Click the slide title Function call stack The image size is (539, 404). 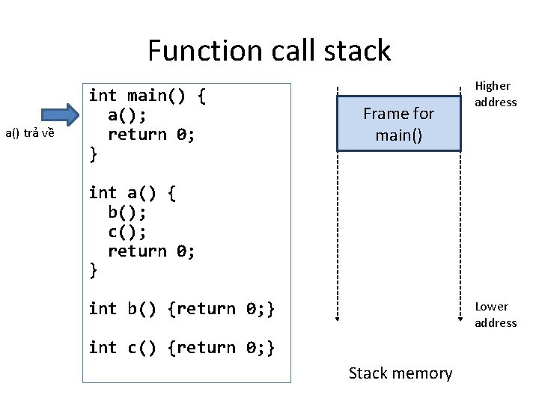click(269, 51)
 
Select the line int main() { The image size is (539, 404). click(147, 96)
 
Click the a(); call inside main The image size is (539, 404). click(127, 115)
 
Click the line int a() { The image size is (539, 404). click(133, 193)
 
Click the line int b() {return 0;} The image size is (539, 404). click(182, 309)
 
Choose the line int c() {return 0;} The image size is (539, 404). click(182, 348)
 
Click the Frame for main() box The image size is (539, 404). click(398, 124)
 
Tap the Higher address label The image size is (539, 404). click(496, 94)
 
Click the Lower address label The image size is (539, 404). click(496, 315)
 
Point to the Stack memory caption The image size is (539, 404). click(401, 373)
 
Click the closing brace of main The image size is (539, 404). click(93, 154)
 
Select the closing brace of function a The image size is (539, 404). click(93, 271)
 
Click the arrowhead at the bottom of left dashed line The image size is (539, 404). click(338, 317)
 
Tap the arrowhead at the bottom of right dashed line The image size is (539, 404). click(460, 317)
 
